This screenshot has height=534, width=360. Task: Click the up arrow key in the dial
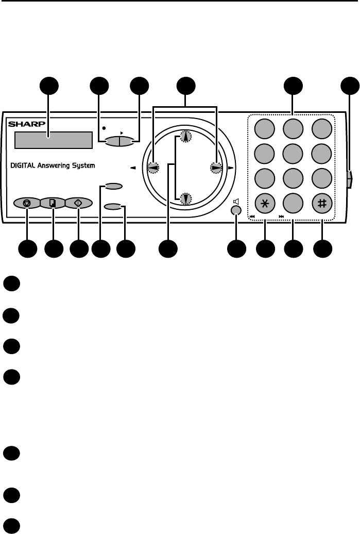(x=185, y=137)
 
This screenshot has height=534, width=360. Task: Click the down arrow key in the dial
(x=185, y=197)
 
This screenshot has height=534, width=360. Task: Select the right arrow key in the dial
(x=216, y=168)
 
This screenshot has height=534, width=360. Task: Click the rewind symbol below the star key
(x=252, y=217)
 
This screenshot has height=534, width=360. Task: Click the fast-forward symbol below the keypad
(x=281, y=217)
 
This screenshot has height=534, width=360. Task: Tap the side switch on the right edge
(x=350, y=179)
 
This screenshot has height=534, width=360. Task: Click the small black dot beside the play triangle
(x=104, y=127)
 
